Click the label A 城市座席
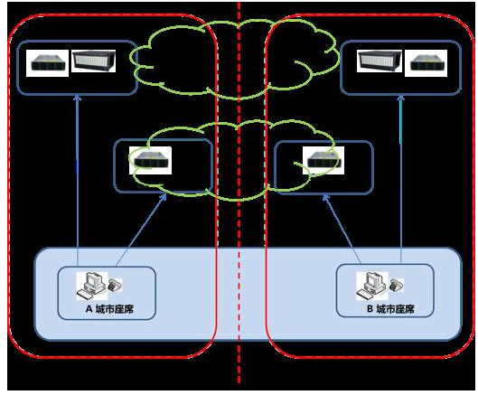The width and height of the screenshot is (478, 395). tap(109, 309)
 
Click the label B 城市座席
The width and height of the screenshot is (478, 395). tap(390, 309)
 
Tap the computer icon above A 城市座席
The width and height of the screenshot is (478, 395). tap(91, 286)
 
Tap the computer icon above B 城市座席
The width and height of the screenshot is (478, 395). tap(372, 286)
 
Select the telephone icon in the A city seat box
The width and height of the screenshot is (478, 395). tap(116, 285)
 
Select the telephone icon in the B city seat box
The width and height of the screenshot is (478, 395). tap(397, 286)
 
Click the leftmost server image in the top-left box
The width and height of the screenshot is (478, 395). tap(47, 63)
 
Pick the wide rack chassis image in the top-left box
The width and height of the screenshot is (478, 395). tap(93, 61)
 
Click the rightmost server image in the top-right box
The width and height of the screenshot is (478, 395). tap(426, 63)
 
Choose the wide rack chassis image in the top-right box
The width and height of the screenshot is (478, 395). tap(380, 61)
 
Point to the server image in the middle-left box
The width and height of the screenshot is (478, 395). tap(150, 160)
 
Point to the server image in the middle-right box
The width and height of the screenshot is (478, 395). tap(323, 160)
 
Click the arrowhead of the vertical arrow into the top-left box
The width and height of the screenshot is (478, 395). tap(78, 99)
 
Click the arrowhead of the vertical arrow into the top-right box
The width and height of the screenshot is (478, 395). tap(401, 99)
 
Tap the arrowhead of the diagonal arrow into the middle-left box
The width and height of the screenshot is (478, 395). tap(164, 197)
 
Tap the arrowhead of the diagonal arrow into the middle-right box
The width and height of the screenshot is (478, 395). tap(326, 198)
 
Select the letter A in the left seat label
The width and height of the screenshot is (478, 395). tap(89, 309)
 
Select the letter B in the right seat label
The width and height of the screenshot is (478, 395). tap(370, 309)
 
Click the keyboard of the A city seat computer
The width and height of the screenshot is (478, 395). tap(86, 296)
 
